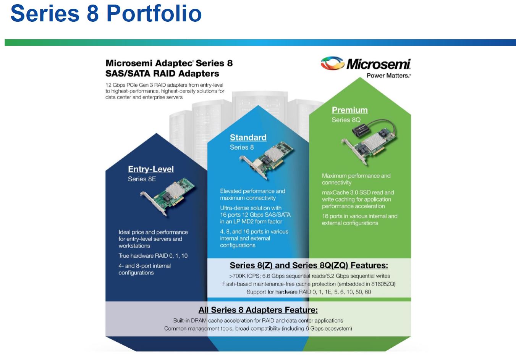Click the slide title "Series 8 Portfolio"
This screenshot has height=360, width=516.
coord(106,13)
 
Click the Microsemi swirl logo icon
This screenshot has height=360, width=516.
coord(332,63)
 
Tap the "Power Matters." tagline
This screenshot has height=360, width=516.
coord(389,76)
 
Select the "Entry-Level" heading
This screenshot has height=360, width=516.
coord(151,169)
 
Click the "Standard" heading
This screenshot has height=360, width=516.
coord(248,137)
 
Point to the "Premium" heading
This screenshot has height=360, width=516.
coord(350,110)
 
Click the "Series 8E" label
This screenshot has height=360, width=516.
coord(142,179)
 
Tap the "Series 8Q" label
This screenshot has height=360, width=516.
coord(346,120)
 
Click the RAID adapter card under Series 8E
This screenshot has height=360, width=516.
coord(167,197)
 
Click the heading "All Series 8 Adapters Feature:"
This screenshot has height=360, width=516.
coord(258,310)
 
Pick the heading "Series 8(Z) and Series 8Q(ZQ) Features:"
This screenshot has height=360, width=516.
coord(309,265)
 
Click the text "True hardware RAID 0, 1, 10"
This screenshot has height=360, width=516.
coord(153,256)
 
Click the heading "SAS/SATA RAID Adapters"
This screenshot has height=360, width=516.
coord(162,74)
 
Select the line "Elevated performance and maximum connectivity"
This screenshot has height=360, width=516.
coord(252,194)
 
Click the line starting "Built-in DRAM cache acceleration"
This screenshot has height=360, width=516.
coord(258,320)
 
